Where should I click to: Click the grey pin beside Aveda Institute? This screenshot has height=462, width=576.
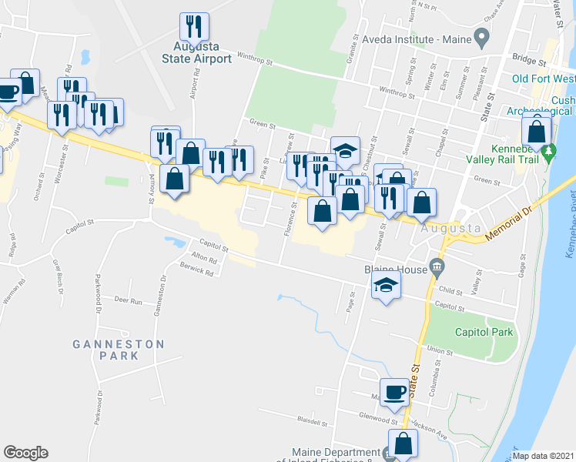tap(482, 36)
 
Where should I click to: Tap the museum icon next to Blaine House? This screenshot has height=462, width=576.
tap(437, 267)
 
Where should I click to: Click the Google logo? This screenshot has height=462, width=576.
tap(25, 453)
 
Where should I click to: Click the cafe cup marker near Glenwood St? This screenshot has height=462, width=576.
tap(395, 392)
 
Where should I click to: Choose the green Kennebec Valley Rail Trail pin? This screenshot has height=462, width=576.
tap(548, 152)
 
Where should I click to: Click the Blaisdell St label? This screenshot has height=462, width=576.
tap(312, 423)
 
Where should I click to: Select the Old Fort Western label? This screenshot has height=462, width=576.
tap(544, 79)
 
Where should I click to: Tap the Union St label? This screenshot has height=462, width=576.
tap(439, 350)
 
